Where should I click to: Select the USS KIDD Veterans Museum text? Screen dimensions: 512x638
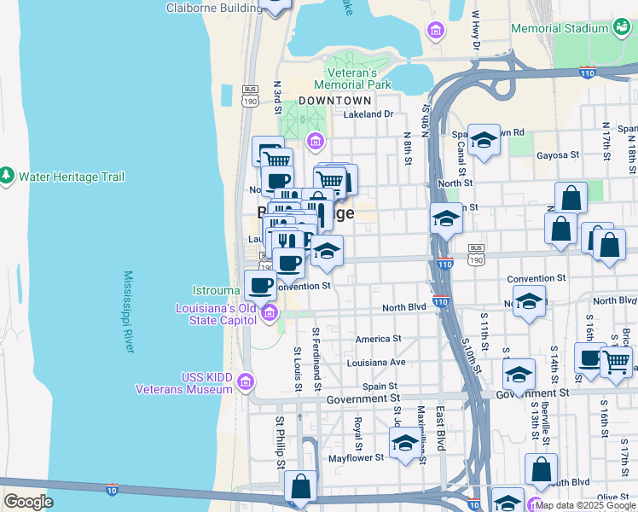coord(183,383)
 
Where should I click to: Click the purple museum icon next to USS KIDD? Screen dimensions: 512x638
coord(247,381)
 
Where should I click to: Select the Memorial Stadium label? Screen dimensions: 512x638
coord(559,28)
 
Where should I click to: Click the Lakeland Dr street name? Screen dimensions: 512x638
coord(368,113)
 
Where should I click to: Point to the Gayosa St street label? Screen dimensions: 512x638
coord(558,155)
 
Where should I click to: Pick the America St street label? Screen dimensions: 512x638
coord(378,339)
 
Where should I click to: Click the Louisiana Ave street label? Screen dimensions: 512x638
coord(376,362)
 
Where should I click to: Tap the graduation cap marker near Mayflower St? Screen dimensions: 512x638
coord(405,443)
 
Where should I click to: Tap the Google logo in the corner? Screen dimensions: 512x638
coord(28,502)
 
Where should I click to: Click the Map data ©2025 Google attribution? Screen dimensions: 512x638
coord(584,505)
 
